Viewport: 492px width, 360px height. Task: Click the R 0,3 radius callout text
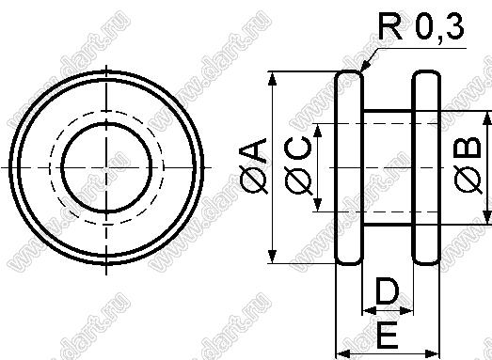pos(421,26)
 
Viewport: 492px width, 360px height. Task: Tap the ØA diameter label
pos(253,166)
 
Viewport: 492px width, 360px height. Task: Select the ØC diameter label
pos(298,166)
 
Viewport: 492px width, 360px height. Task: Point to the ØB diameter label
pos(468,165)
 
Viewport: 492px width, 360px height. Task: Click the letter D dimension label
pos(388,292)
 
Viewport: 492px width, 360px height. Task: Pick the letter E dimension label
pos(388,335)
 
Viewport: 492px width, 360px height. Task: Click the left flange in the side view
pos(349,167)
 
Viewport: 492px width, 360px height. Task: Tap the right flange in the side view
pos(426,167)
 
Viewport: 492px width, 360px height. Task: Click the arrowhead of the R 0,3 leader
pos(364,67)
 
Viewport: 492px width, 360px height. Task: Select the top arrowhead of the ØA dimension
pos(273,78)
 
